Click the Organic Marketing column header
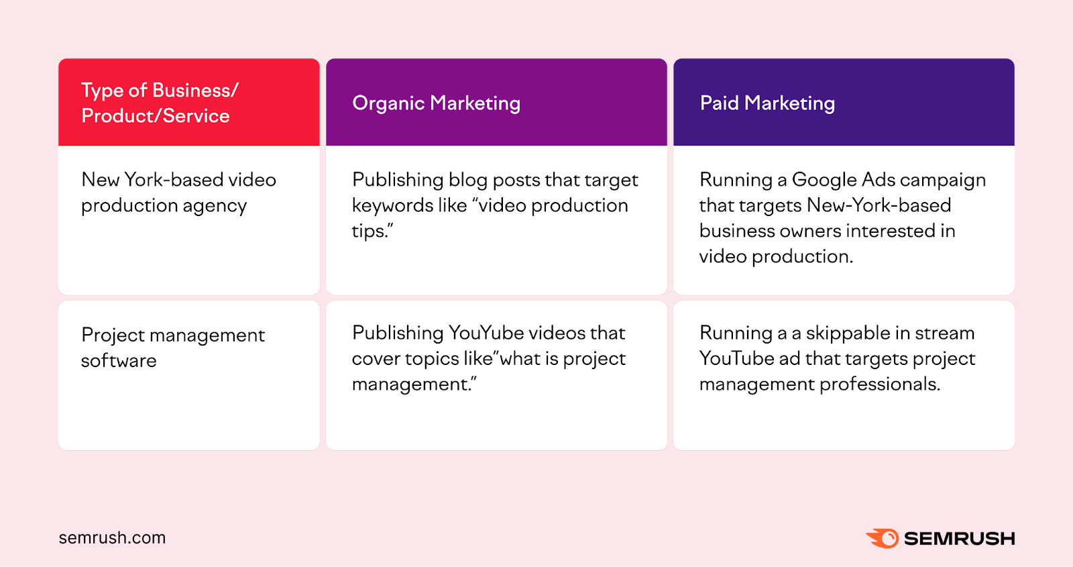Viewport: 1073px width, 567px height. [436, 103]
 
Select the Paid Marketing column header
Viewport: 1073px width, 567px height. [767, 103]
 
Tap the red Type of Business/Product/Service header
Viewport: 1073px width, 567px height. [160, 103]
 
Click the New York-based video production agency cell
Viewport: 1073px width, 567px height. [178, 193]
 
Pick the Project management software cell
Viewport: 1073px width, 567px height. [173, 348]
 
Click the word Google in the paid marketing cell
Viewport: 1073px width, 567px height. [824, 180]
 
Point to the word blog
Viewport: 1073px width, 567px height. [467, 181]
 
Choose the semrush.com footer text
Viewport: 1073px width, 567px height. [112, 538]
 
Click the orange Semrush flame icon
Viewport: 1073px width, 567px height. [883, 538]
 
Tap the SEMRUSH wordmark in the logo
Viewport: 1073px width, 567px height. [959, 539]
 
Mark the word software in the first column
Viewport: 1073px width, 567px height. [119, 361]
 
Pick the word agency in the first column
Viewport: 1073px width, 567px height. [215, 206]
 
